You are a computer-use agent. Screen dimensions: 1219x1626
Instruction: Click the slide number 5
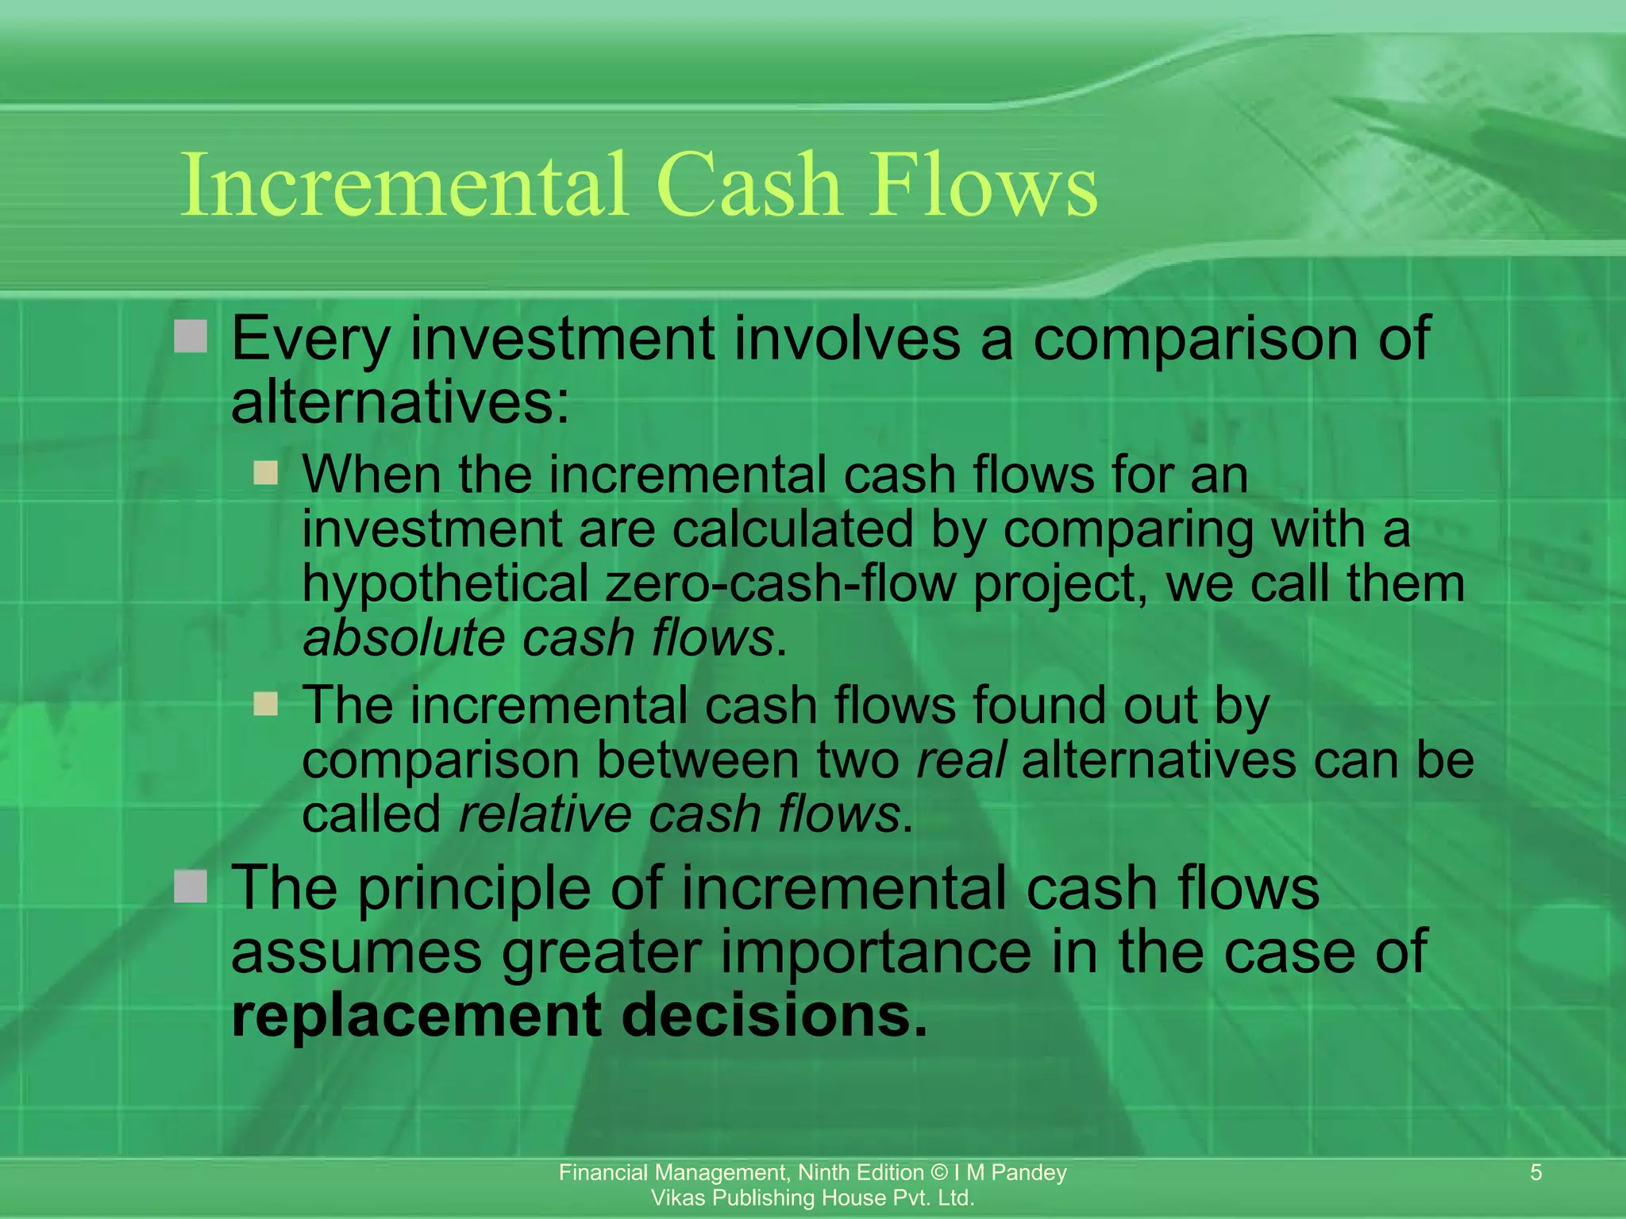(1535, 1172)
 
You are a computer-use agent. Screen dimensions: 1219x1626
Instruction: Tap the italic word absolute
(403, 637)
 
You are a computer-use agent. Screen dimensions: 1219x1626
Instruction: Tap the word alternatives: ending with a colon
(400, 402)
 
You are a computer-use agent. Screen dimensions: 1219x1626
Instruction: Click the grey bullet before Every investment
(191, 336)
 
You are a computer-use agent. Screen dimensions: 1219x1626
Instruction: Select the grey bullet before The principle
(191, 886)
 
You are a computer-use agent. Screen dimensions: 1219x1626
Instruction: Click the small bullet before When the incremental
(266, 474)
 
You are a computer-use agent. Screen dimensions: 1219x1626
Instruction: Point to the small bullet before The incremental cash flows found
(266, 704)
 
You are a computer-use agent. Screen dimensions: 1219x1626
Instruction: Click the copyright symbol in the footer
(939, 1172)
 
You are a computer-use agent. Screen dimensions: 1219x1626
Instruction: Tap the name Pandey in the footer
(1029, 1172)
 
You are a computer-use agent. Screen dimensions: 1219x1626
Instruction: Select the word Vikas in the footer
(676, 1198)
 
